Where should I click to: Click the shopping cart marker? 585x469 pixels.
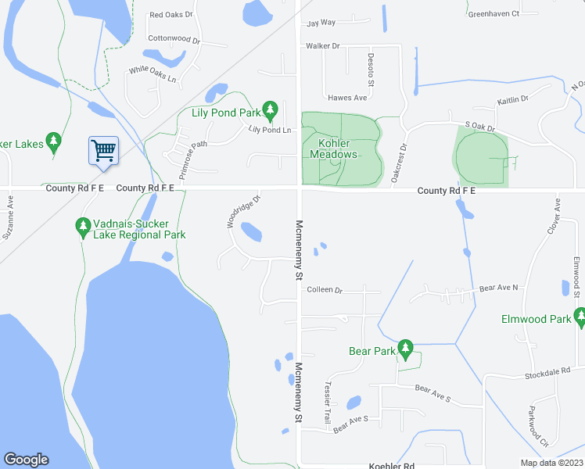click(x=104, y=149)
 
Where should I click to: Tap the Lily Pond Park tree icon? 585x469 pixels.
click(x=270, y=110)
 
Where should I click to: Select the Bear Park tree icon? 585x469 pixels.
click(x=405, y=349)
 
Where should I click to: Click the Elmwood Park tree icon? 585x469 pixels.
click(x=580, y=317)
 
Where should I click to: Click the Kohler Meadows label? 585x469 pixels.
click(x=338, y=149)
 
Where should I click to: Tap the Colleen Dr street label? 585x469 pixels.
click(x=325, y=290)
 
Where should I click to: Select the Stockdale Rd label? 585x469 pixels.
click(x=558, y=376)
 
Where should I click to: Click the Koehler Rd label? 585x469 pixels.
click(x=392, y=464)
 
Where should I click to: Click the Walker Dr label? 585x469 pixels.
click(x=323, y=46)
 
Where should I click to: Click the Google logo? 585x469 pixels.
click(x=26, y=460)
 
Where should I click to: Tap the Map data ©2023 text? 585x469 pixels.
click(x=551, y=463)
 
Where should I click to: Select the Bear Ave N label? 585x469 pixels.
click(x=498, y=288)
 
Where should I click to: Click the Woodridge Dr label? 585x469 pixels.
click(x=243, y=211)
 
